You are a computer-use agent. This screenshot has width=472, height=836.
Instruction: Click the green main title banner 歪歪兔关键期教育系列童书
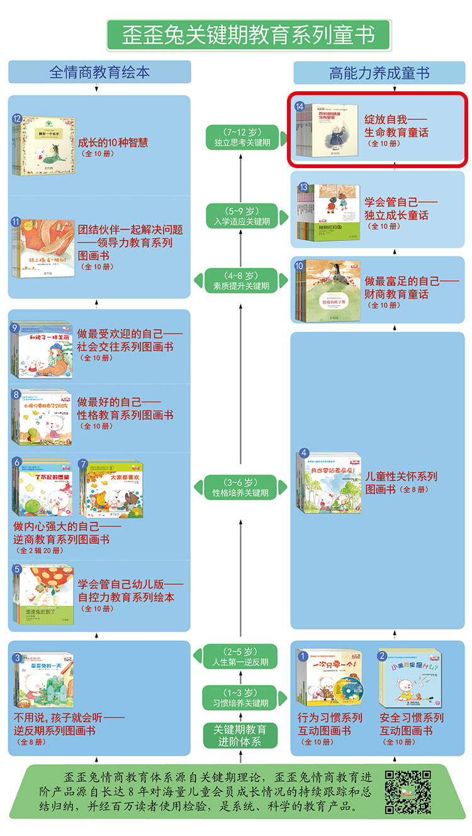coord(248,35)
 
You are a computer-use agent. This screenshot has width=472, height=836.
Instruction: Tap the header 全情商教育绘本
coord(99,72)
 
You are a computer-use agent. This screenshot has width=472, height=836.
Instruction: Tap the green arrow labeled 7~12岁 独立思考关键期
coord(241,137)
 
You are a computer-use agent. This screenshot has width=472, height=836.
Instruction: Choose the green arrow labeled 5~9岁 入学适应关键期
coord(241,215)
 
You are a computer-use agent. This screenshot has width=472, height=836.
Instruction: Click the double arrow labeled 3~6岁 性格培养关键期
coord(241,487)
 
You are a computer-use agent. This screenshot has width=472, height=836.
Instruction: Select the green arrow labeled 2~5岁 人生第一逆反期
coord(241,656)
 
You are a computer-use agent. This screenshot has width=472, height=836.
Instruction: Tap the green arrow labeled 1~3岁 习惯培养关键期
coord(241,697)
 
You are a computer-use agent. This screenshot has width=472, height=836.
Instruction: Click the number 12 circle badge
coord(17,118)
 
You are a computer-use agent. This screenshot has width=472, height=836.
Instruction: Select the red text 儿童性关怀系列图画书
coord(402,482)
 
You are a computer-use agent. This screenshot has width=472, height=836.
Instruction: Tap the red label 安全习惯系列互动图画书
coord(412,724)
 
